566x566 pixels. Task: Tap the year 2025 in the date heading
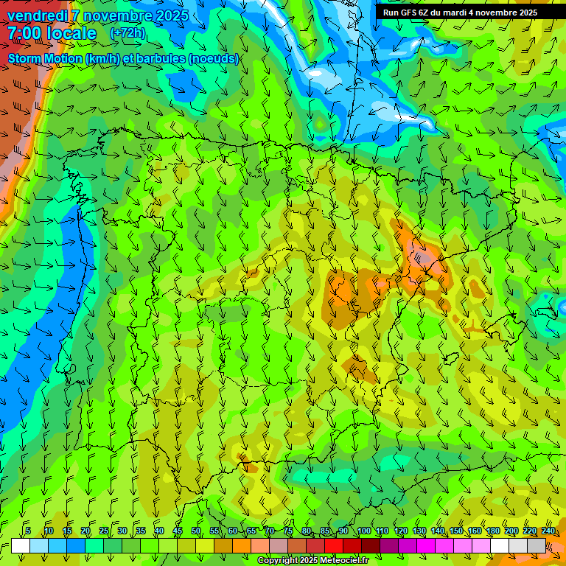pyautogui.click(x=170, y=15)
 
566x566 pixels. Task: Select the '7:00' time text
pyautogui.click(x=24, y=34)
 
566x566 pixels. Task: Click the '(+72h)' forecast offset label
pyautogui.click(x=127, y=33)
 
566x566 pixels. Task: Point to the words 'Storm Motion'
pyautogui.click(x=45, y=58)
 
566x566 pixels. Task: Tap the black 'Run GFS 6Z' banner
pyautogui.click(x=470, y=13)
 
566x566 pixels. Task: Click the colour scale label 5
pyautogui.click(x=28, y=531)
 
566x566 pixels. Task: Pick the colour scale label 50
pyautogui.click(x=196, y=531)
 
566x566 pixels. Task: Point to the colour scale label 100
pyautogui.click(x=364, y=531)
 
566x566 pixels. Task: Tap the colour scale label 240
pyautogui.click(x=548, y=531)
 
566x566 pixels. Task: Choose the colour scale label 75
pyautogui.click(x=288, y=531)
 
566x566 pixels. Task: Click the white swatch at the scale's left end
pyautogui.click(x=21, y=545)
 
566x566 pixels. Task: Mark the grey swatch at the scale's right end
pyautogui.click(x=537, y=545)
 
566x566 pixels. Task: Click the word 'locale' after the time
pyautogui.click(x=70, y=34)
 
